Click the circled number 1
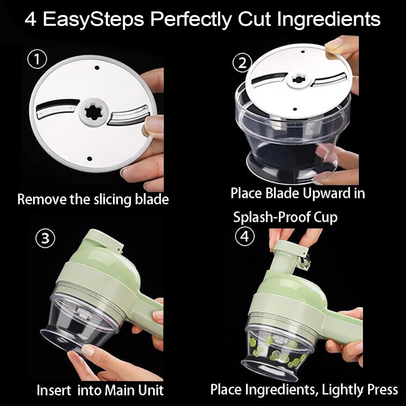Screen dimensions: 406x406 pyautogui.click(x=37, y=60)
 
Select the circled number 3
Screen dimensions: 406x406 pyautogui.click(x=45, y=239)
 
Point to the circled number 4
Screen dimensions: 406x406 pyautogui.click(x=245, y=237)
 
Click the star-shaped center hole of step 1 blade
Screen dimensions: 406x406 pyautogui.click(x=94, y=112)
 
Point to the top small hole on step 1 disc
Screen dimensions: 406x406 pyautogui.click(x=97, y=68)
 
